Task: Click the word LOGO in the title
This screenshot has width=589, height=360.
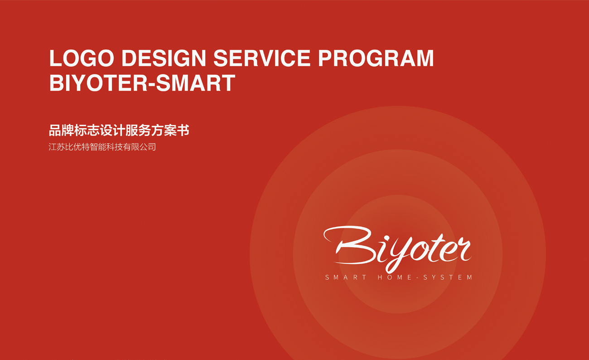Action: [82, 58]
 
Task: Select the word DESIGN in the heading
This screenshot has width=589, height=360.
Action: [164, 58]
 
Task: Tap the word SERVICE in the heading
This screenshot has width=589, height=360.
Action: [262, 58]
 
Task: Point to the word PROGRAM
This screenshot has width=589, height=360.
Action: [376, 58]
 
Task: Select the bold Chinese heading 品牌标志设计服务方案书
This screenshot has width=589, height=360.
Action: [119, 130]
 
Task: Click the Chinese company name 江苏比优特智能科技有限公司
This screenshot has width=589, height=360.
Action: [102, 147]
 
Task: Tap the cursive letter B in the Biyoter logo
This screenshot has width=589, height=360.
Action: [350, 245]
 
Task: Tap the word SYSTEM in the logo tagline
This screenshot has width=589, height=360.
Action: [448, 277]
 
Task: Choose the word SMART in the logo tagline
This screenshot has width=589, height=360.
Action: [346, 277]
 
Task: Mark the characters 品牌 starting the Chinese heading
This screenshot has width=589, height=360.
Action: [61, 130]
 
